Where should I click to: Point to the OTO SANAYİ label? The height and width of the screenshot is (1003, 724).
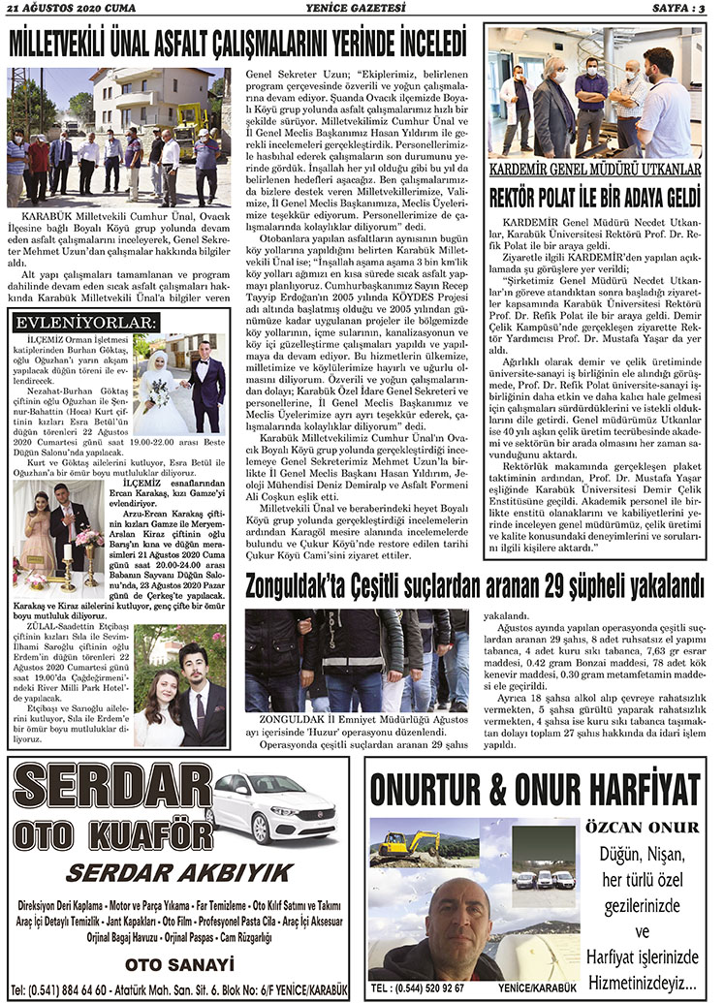(x=179, y=963)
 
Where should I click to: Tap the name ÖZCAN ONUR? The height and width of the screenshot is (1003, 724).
(x=641, y=827)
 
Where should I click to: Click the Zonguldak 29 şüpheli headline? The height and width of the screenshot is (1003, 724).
(x=474, y=585)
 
